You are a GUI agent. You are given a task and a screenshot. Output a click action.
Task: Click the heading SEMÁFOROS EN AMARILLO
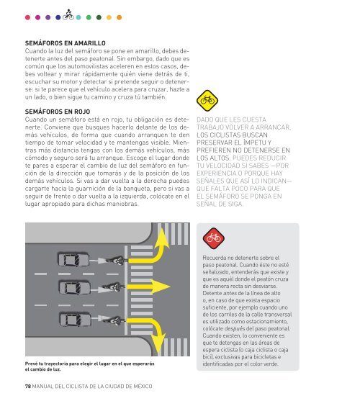[66, 43]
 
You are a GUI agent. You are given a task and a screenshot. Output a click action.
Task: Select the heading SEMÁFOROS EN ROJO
[58, 112]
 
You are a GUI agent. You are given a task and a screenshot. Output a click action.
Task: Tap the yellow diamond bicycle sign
[207, 100]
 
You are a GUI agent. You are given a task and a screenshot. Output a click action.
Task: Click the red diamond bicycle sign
[214, 238]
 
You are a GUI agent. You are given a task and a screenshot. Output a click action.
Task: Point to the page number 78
[28, 386]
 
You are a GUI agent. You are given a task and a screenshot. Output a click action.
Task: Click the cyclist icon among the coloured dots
[68, 15]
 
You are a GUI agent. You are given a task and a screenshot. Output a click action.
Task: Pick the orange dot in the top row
[119, 17]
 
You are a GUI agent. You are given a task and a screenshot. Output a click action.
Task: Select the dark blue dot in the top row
[58, 17]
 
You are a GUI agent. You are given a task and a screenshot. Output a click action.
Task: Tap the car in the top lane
[73, 259]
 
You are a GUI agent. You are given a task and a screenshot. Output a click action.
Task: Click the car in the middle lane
[74, 288]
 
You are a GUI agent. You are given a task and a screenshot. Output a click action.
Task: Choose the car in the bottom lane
[75, 320]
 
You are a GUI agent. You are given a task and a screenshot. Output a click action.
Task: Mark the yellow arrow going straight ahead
[148, 287]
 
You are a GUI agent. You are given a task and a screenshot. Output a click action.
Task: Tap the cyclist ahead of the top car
[117, 261]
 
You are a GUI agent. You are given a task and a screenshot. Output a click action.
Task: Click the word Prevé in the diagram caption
[30, 364]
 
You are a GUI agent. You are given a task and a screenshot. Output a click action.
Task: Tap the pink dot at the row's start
[27, 17]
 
